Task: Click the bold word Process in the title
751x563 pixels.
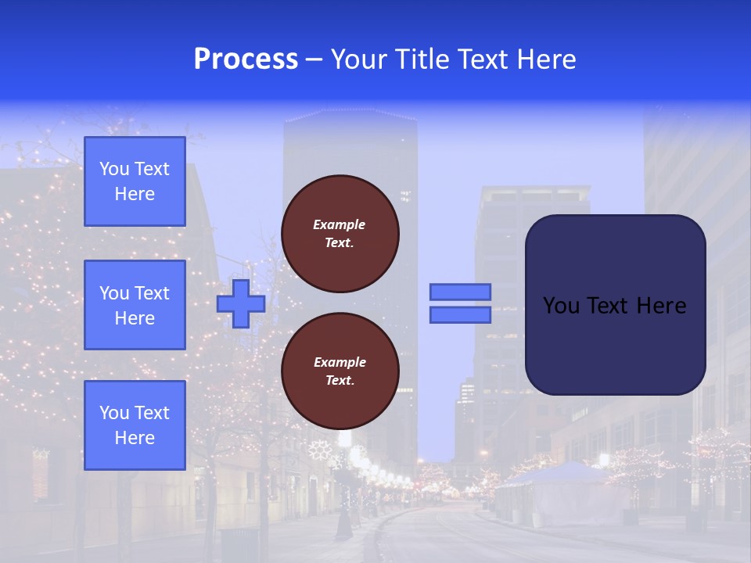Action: point(246,59)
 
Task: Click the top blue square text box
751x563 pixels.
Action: point(135,181)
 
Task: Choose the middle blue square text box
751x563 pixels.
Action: point(135,305)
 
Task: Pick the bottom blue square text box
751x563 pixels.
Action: point(135,425)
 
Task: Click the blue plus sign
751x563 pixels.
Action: point(241,303)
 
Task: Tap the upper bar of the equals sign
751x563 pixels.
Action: point(460,292)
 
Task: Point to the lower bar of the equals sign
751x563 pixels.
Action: point(460,315)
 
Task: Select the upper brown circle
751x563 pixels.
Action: point(340,234)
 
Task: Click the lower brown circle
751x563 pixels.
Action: point(340,371)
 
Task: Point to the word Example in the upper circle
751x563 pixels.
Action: point(340,224)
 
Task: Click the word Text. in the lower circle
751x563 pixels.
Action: point(340,381)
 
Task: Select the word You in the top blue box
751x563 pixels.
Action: point(114,169)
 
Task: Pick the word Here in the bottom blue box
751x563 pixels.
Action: point(135,438)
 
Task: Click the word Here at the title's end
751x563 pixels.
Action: point(548,59)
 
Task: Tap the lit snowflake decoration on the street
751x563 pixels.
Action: point(318,450)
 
